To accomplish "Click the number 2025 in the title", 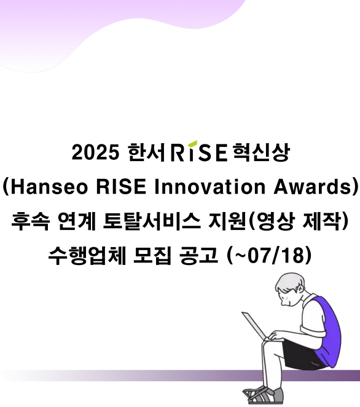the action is tap(95, 152).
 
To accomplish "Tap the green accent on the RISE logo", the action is tap(192, 143).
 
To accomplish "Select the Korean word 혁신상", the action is tap(260, 152).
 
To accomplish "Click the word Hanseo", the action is tap(49, 187).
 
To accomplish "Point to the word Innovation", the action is tap(210, 187).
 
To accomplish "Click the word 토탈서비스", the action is tap(152, 221).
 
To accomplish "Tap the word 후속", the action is tap(30, 221).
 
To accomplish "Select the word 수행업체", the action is tap(87, 255).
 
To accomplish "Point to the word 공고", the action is tap(198, 255).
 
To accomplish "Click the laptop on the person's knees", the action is tap(256, 326).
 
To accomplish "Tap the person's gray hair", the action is tap(291, 281).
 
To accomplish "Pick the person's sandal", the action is tap(264, 395).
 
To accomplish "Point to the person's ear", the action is tap(300, 288).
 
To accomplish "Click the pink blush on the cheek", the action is tap(287, 298).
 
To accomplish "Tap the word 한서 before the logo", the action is tap(147, 152).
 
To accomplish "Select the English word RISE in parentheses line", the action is tap(121, 187).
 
